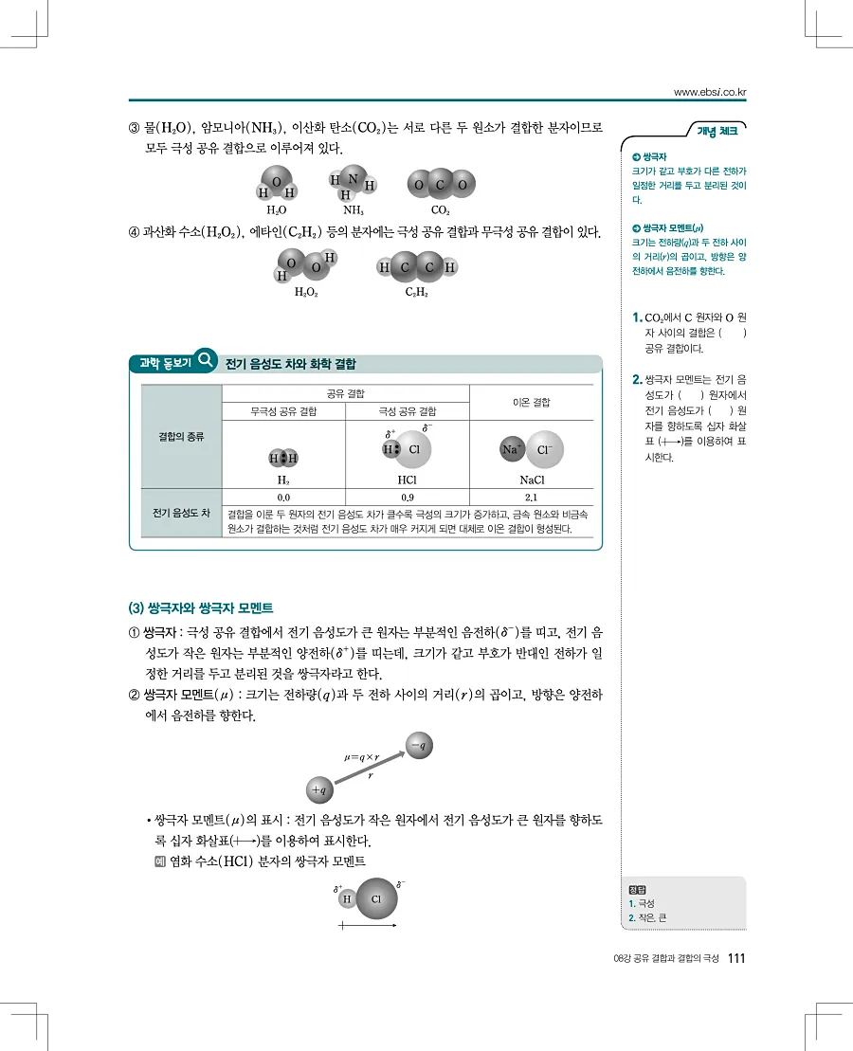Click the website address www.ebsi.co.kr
710,92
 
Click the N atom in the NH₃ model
353,177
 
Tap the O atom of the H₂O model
276,181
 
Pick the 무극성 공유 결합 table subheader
283,412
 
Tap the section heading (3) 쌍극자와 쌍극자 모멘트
201,607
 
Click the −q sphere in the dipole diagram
419,746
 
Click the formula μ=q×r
361,757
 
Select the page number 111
737,958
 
